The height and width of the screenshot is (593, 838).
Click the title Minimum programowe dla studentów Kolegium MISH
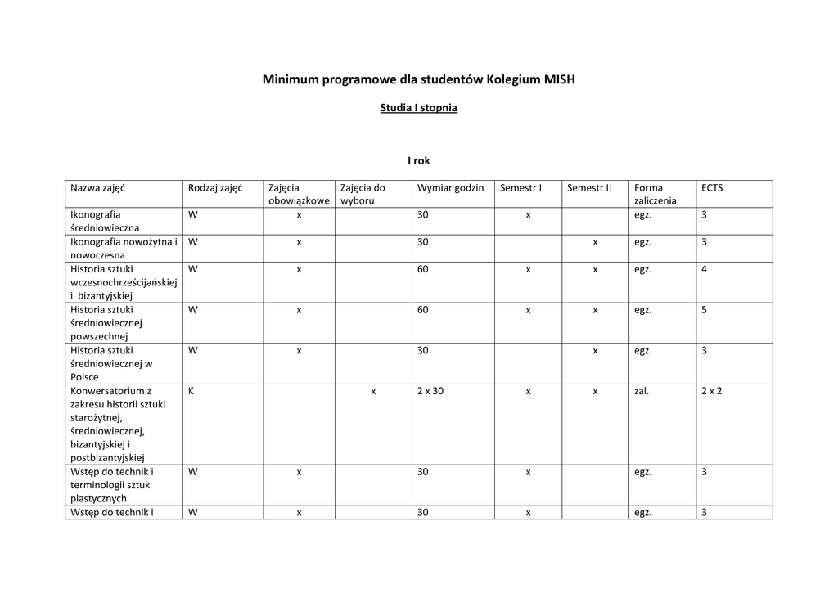coord(418,79)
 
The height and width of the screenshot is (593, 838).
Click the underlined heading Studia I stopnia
coord(418,108)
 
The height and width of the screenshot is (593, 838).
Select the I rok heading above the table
coord(418,161)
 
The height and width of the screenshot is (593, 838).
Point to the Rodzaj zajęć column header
coord(215,188)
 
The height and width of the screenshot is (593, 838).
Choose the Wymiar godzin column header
coord(450,188)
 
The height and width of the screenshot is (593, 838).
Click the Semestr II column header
coord(589,188)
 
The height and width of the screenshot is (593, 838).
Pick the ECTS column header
coord(712,188)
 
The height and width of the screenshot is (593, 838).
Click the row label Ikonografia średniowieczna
coord(105,221)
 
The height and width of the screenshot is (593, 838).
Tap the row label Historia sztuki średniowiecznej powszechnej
coord(106,322)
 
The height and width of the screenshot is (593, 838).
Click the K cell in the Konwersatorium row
coord(191,391)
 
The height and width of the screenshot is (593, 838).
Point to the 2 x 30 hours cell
coord(430,391)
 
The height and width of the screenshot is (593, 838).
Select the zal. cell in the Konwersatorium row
coord(642,391)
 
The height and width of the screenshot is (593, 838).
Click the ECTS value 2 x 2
coord(711,391)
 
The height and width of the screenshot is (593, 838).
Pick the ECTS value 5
coord(704,310)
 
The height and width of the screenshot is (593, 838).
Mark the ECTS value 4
coord(704,269)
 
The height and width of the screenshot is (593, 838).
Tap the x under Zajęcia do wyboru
coord(373,391)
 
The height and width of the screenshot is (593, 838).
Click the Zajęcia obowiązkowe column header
coord(299,194)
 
